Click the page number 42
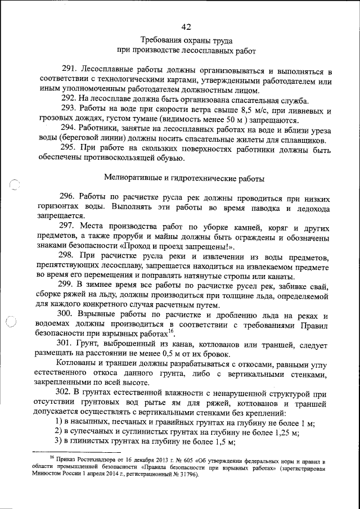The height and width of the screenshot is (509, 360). (x=187, y=26)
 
